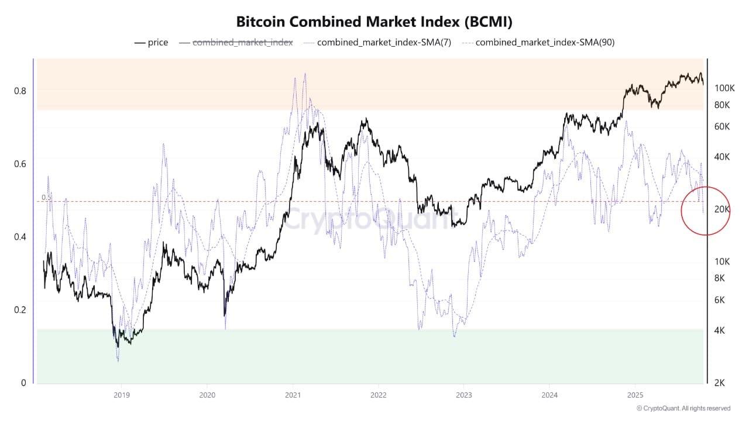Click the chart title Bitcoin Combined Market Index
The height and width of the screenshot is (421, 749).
click(x=374, y=22)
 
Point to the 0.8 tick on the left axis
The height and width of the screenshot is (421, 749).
click(x=20, y=91)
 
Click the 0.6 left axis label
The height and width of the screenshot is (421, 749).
click(x=20, y=164)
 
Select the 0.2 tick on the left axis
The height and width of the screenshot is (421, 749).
click(x=20, y=310)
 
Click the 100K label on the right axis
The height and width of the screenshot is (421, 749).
click(x=724, y=88)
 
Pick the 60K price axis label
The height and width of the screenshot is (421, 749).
click(x=722, y=126)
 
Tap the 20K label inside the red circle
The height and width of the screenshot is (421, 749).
click(x=722, y=209)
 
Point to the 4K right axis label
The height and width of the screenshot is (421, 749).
click(x=720, y=330)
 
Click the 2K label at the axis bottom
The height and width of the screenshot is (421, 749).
click(x=720, y=383)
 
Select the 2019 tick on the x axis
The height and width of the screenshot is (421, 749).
click(x=121, y=395)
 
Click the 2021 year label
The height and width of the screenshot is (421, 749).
click(x=293, y=395)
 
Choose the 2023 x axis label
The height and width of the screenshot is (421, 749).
click(x=463, y=395)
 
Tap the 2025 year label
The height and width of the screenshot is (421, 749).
click(x=635, y=395)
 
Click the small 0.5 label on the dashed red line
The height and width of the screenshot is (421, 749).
click(x=46, y=198)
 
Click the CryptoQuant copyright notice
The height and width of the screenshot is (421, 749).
click(x=683, y=408)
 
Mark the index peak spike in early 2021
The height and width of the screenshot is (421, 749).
click(x=304, y=74)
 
